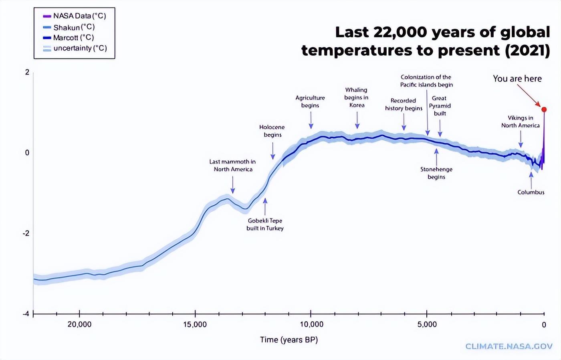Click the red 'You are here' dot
(544, 109)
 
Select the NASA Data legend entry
(75, 16)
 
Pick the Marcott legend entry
(69, 38)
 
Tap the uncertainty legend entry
(75, 48)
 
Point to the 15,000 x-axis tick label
(195, 324)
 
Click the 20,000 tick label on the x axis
(79, 324)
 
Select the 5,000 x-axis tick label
(427, 324)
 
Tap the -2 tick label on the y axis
(26, 233)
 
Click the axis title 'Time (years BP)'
(289, 340)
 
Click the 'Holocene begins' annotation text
(272, 131)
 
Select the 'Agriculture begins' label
(310, 101)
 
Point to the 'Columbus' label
(531, 192)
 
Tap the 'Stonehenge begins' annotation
(436, 173)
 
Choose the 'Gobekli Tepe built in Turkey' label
(265, 224)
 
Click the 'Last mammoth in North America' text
(232, 165)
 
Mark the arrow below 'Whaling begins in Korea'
(357, 120)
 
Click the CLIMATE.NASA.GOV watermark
(509, 346)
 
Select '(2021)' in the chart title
(527, 51)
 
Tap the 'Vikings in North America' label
(520, 121)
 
